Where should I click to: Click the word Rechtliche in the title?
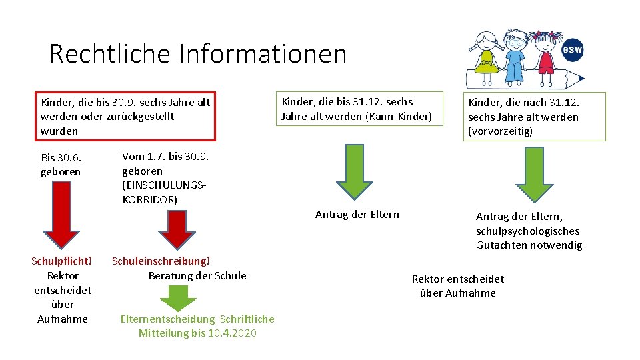click(x=101, y=53)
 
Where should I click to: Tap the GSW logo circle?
click(x=572, y=50)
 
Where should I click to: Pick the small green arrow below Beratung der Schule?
click(x=177, y=298)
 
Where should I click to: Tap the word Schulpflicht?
click(x=61, y=261)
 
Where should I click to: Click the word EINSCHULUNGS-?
click(x=164, y=185)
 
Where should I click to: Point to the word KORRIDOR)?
click(x=150, y=199)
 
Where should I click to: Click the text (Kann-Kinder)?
click(x=399, y=117)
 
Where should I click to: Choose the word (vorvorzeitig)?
click(x=501, y=131)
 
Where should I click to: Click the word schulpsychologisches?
click(x=528, y=231)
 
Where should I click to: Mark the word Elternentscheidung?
click(x=168, y=319)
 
